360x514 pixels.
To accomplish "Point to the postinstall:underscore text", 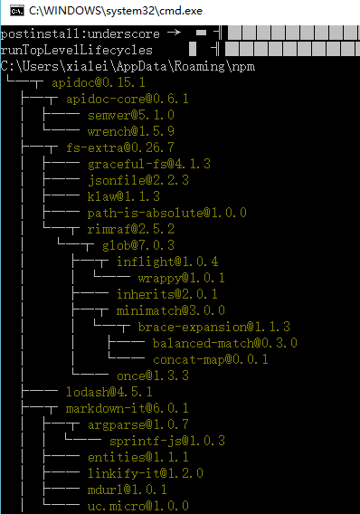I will pos(79,33).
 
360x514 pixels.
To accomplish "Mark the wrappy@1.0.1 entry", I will pos(181,278).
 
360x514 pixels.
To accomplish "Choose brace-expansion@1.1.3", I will pos(214,327).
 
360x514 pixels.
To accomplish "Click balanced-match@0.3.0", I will pos(224,343).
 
